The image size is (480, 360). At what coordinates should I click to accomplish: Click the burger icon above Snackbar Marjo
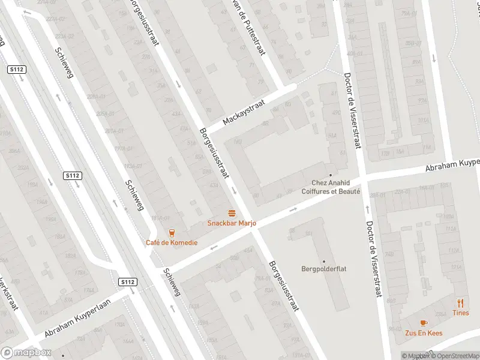(232, 213)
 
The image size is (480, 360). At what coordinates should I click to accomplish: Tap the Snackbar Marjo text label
(232, 223)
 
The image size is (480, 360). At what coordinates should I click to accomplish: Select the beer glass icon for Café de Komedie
(172, 233)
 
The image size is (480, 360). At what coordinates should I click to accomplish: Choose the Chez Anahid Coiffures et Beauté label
(335, 187)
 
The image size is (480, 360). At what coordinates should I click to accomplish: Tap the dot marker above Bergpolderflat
(324, 261)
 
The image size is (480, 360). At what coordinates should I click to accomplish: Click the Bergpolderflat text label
(324, 269)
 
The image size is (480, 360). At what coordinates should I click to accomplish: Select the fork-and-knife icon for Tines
(461, 303)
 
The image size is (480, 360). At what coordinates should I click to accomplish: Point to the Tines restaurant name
(461, 313)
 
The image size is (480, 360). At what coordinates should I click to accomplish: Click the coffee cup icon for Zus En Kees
(424, 322)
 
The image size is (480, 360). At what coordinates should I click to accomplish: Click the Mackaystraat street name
(244, 112)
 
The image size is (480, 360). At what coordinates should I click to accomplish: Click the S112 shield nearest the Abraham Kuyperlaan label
(127, 282)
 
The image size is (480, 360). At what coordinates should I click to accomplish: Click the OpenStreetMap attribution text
(454, 356)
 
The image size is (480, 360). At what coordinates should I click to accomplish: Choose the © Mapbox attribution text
(415, 356)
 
